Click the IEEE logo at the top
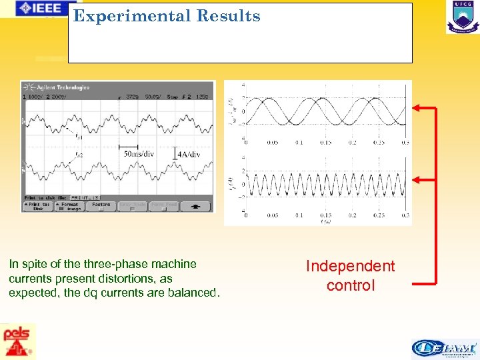pyautogui.click(x=41, y=9)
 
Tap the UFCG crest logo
pyautogui.click(x=462, y=17)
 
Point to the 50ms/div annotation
pyautogui.click(x=139, y=154)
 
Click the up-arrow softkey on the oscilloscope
pyautogui.click(x=197, y=206)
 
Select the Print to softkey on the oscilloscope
pyautogui.click(x=38, y=206)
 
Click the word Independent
pyautogui.click(x=350, y=267)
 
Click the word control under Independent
pyautogui.click(x=351, y=286)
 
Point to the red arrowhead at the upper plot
pyautogui.click(x=417, y=107)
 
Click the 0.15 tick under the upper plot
pyautogui.click(x=325, y=142)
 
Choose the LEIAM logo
pyautogui.click(x=444, y=348)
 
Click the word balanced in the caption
pyautogui.click(x=189, y=293)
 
